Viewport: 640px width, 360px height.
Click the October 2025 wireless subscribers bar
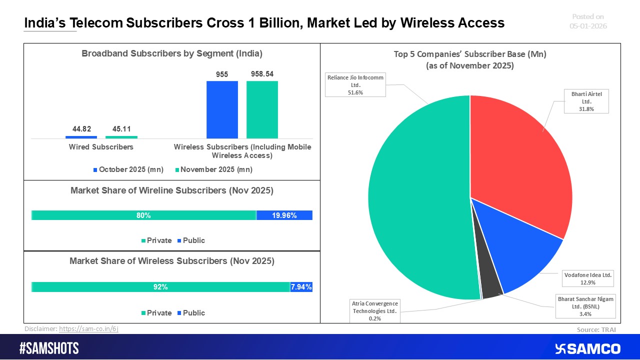(222, 109)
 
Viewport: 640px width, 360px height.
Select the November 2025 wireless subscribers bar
(262, 109)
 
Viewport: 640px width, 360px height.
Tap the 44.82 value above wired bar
(81, 129)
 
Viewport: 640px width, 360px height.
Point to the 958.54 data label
(262, 74)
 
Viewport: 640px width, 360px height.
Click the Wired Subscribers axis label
(101, 147)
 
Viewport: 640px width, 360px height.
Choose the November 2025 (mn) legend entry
(213, 169)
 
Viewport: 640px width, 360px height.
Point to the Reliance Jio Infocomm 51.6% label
(355, 85)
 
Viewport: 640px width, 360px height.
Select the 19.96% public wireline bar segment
(284, 215)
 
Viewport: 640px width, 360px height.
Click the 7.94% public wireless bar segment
(301, 287)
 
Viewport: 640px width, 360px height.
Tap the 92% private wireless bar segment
(160, 287)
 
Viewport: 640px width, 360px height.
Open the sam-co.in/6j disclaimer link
(88, 328)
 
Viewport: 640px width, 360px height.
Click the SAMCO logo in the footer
(587, 348)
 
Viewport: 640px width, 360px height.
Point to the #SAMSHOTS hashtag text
(49, 348)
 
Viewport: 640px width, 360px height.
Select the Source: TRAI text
(596, 329)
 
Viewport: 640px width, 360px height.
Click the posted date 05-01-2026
(588, 26)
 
